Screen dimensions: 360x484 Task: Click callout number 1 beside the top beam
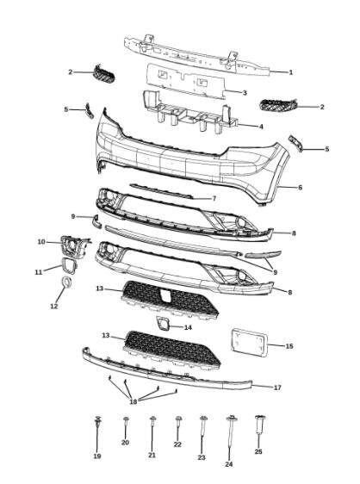[290, 72]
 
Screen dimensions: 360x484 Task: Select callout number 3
[245, 93]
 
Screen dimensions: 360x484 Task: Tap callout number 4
[261, 127]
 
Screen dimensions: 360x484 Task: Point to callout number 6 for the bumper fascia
[300, 188]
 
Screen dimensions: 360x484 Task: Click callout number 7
[214, 199]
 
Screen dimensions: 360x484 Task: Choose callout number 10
[41, 242]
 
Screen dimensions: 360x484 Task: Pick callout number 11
[38, 272]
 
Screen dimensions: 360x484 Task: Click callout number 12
[54, 307]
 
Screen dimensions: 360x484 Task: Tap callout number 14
[188, 327]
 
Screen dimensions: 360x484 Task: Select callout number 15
[289, 346]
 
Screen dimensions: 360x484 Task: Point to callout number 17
[277, 388]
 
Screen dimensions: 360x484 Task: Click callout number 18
[133, 401]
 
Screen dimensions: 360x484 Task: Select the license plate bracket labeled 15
[249, 343]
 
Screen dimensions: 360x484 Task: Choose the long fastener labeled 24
[230, 433]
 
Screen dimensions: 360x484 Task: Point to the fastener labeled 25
[259, 425]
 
